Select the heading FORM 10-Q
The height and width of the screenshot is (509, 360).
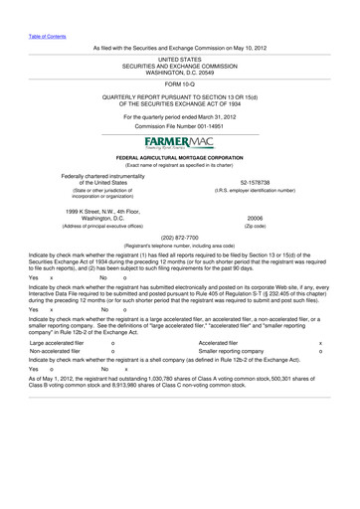click(180, 84)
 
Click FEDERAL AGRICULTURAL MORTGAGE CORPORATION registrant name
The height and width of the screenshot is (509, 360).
click(180, 158)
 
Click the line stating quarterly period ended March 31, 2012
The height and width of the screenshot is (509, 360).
click(180, 116)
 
